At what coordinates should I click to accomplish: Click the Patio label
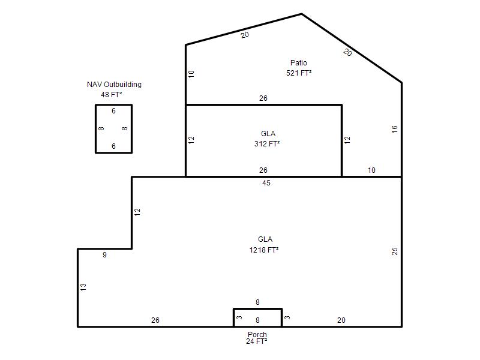pos(298,63)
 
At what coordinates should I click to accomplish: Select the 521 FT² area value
pos(299,73)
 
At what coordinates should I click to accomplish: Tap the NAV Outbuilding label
pos(114,85)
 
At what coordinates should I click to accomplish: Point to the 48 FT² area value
pos(112,95)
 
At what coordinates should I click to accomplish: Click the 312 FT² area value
pos(267,143)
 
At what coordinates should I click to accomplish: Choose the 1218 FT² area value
pos(264,250)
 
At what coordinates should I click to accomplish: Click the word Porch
pos(257,334)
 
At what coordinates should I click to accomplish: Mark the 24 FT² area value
pos(257,341)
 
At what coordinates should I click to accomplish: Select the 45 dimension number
pos(266,183)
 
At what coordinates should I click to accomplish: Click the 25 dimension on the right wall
pos(395,251)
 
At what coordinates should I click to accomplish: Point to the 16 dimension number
pos(394,129)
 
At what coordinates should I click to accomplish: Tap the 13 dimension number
pos(83,287)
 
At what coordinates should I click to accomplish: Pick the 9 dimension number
pos(104,254)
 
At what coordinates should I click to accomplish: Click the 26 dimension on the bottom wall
pos(155,320)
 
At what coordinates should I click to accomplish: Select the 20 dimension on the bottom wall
pos(341,320)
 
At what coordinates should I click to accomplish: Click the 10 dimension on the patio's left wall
pos(191,74)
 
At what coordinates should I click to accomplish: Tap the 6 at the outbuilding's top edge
pos(113,111)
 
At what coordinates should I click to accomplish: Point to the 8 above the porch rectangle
pos(257,302)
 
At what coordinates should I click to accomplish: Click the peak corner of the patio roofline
pos(302,14)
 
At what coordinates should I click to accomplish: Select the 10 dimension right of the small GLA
pos(371,170)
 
